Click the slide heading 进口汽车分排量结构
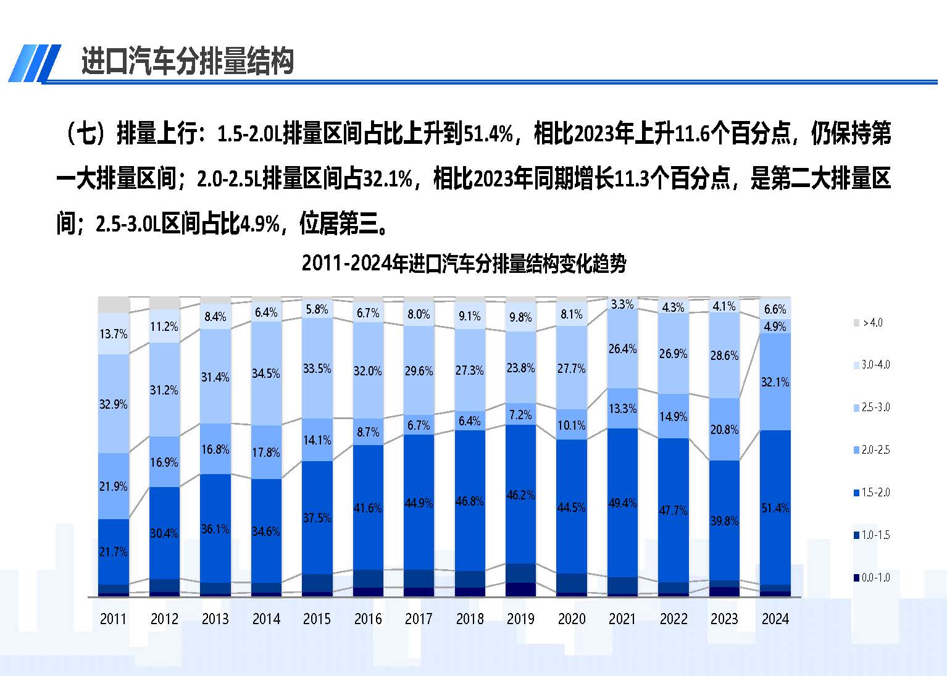(x=187, y=62)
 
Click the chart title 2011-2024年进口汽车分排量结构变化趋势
(x=464, y=264)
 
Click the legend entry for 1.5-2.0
(x=871, y=493)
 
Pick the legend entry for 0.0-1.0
(x=871, y=578)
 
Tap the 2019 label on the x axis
(x=520, y=619)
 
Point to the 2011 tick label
(x=113, y=619)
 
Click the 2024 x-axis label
(x=775, y=619)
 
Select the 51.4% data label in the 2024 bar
(x=775, y=508)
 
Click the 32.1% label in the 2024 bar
(x=775, y=382)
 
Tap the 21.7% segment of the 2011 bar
(x=114, y=551)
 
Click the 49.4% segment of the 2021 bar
(x=622, y=503)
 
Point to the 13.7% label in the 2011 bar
(x=114, y=334)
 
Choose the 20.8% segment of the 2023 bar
(x=724, y=430)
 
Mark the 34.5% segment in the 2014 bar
(x=266, y=373)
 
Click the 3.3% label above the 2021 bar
(x=622, y=304)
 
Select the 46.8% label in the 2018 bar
(x=469, y=501)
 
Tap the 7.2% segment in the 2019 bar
(x=520, y=415)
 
